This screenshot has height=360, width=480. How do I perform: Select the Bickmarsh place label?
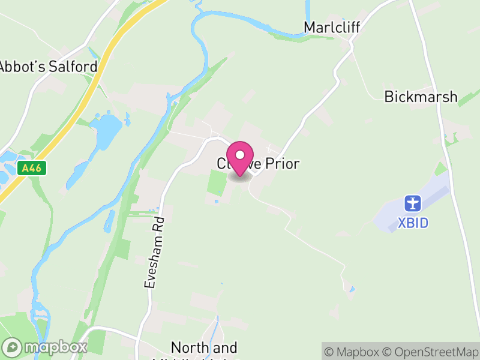click(421, 97)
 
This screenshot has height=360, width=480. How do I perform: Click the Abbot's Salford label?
click(48, 67)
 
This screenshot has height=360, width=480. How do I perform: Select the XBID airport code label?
click(413, 224)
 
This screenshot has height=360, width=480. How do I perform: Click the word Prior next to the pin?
click(278, 164)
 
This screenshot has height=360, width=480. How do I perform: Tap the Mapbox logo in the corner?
click(46, 347)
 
